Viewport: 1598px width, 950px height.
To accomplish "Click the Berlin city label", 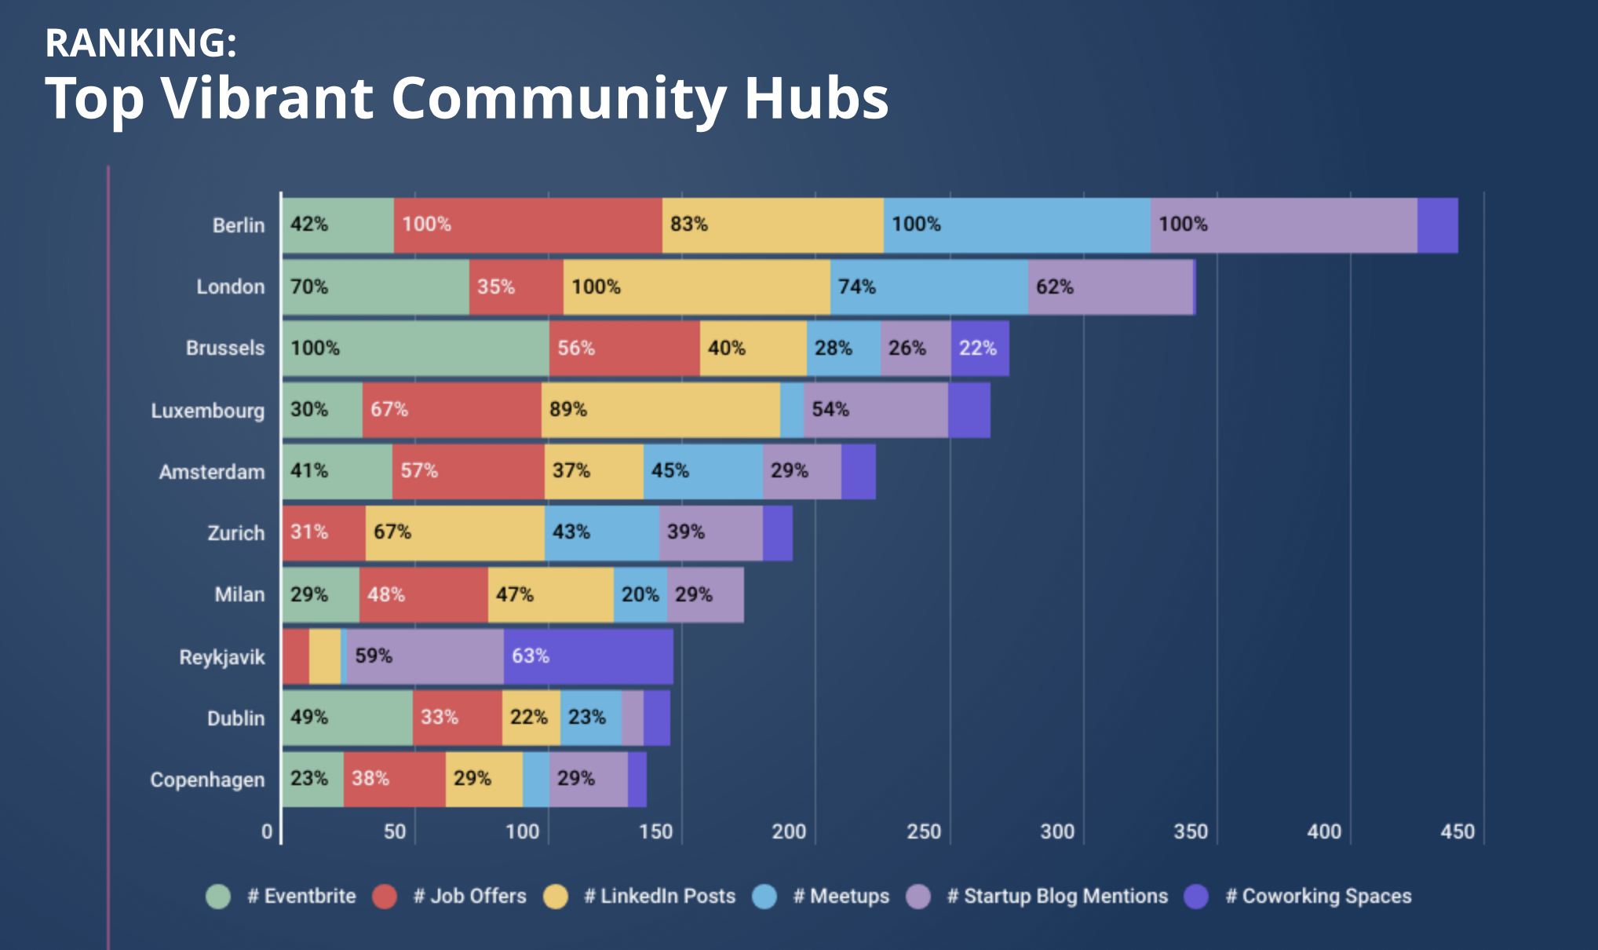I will (238, 225).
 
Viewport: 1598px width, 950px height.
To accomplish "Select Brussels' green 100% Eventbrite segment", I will (416, 348).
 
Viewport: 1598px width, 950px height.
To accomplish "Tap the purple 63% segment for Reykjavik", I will (588, 656).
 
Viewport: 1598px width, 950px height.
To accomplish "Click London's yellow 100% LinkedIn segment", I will (696, 287).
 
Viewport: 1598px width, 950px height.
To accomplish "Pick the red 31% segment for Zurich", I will (323, 533).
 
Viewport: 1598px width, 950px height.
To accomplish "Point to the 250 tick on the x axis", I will (924, 831).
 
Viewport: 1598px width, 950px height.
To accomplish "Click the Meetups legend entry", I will (841, 896).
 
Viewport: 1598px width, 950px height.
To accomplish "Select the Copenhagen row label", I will (207, 780).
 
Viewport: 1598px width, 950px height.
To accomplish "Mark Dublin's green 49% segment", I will (347, 718).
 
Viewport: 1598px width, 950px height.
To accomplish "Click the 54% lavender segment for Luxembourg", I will (875, 410).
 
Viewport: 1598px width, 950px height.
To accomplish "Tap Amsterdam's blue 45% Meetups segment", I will (702, 471).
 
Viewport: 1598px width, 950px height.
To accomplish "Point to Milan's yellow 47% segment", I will (550, 595).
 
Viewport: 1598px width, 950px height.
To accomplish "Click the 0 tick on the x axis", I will (267, 831).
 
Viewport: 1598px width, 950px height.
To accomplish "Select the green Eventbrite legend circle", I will (218, 896).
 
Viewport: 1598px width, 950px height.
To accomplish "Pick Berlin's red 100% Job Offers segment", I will (527, 225).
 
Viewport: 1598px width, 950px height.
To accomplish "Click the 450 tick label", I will (1458, 831).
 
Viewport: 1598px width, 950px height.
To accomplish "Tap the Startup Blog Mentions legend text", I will (1057, 896).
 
